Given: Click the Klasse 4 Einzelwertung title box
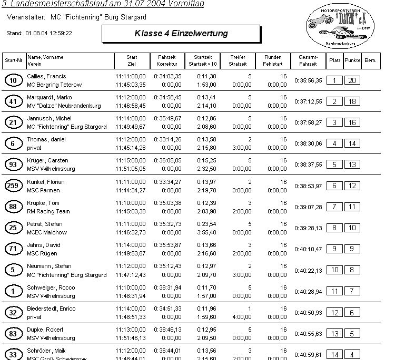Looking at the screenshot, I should tap(181, 34).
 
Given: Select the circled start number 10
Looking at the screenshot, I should tap(13, 80).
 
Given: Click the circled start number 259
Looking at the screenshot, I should tap(13, 186).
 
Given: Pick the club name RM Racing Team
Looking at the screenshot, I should tap(48, 211).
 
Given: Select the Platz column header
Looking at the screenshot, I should tap(334, 60).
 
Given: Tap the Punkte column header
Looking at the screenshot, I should tap(352, 60).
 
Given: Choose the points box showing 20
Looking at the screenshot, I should tap(352, 80).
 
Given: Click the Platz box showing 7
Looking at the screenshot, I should tap(334, 207).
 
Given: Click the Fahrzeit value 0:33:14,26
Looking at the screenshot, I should tap(167, 139).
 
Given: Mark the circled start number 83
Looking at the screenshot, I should tap(13, 334).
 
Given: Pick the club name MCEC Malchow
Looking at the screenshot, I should tap(46, 232).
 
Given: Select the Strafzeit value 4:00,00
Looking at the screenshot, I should tap(242, 317).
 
